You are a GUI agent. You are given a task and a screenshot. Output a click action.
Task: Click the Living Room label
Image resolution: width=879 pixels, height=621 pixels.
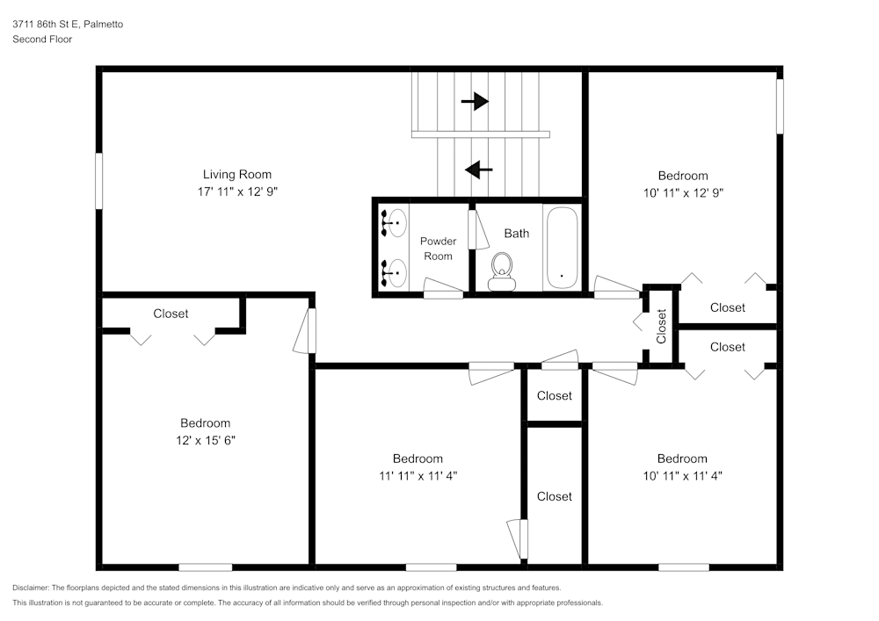pyautogui.click(x=237, y=175)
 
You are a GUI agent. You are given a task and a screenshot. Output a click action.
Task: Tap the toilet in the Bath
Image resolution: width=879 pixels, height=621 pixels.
pyautogui.click(x=502, y=271)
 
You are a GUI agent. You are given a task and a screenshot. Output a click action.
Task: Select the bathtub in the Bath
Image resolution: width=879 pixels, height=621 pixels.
pyautogui.click(x=562, y=248)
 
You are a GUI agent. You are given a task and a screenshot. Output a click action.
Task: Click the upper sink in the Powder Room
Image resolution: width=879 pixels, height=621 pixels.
pyautogui.click(x=394, y=223)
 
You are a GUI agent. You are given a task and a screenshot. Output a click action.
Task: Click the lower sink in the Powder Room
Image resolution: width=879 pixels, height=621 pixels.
pyautogui.click(x=394, y=272)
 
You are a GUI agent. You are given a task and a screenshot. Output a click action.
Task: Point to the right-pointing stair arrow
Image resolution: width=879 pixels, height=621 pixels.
pyautogui.click(x=475, y=101)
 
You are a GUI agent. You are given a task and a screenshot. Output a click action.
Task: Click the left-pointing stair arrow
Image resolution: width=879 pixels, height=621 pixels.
pyautogui.click(x=479, y=170)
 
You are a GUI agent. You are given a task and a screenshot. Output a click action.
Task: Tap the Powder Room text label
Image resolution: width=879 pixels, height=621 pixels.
pyautogui.click(x=438, y=249)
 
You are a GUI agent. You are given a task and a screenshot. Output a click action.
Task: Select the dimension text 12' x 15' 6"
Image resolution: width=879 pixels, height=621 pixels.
pyautogui.click(x=205, y=441)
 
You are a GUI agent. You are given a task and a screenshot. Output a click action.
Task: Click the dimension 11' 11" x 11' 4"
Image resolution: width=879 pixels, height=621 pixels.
pyautogui.click(x=418, y=476)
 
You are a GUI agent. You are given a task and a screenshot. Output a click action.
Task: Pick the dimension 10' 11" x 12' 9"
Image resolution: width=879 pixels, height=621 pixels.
pyautogui.click(x=683, y=193)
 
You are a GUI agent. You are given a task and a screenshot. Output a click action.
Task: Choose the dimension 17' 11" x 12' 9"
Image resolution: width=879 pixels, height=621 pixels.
pyautogui.click(x=237, y=191)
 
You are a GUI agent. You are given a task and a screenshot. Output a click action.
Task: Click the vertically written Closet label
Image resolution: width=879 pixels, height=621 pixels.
pyautogui.click(x=662, y=326)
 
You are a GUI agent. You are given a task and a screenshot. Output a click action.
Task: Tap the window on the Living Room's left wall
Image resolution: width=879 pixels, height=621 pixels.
pyautogui.click(x=99, y=181)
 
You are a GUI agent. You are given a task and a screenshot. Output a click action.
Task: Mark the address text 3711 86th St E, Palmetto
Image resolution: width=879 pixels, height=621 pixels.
pyautogui.click(x=68, y=24)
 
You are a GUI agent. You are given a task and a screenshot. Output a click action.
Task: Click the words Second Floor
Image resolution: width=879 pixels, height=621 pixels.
pyautogui.click(x=42, y=40)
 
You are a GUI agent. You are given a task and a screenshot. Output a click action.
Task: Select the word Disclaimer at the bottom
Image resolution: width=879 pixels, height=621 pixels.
pyautogui.click(x=31, y=588)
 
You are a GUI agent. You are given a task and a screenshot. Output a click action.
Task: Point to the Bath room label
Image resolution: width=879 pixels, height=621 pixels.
pyautogui.click(x=516, y=234)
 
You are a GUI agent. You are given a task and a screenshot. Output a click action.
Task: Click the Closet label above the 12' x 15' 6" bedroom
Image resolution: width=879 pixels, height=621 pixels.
pyautogui.click(x=171, y=314)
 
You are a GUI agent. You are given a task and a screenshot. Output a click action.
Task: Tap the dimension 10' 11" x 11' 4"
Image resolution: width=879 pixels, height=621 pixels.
pyautogui.click(x=682, y=476)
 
